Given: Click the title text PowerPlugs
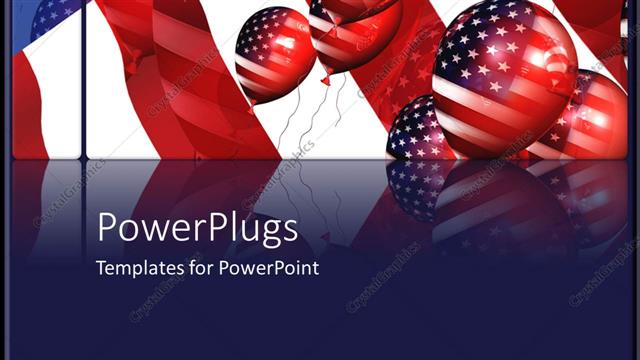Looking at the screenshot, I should (x=197, y=229).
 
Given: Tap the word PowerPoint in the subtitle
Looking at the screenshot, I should (x=270, y=268).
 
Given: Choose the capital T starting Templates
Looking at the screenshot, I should (x=100, y=268).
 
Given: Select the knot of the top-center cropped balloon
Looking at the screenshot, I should (x=324, y=78).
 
